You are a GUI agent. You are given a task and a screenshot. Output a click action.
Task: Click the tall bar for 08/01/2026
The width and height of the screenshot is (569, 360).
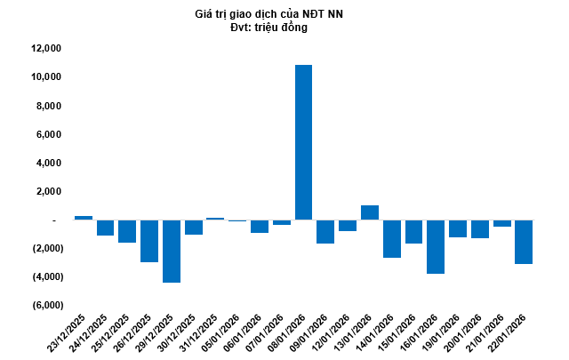pos(303,142)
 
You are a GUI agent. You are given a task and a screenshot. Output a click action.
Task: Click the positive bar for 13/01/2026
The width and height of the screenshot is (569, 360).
pos(370,212)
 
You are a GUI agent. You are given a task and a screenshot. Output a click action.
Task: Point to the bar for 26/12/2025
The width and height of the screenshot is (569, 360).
pos(149,241)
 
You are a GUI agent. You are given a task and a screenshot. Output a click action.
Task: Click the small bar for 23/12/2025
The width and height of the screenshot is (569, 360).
pos(84,218)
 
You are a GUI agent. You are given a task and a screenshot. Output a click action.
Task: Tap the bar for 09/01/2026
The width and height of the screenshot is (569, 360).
pos(325,231)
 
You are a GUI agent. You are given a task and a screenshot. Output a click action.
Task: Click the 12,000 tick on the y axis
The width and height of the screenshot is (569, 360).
pos(44,49)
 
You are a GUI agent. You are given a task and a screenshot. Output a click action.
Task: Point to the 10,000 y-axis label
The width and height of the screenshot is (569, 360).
pos(44,77)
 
